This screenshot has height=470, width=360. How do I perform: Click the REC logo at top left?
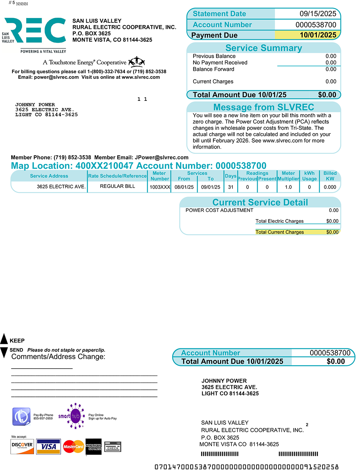(36, 31)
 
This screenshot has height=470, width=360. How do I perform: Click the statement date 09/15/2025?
(318, 14)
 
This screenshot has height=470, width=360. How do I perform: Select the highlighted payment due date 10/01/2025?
(318, 35)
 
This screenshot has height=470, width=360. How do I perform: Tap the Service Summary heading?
(264, 48)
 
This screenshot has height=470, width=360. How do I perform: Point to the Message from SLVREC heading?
(264, 107)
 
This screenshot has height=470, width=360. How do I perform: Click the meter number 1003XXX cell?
(160, 187)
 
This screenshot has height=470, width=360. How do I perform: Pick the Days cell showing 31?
(231, 187)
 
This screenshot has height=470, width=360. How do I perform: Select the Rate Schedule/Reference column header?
(117, 176)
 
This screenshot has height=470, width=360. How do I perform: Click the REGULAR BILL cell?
(117, 186)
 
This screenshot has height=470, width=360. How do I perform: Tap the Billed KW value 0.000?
(330, 187)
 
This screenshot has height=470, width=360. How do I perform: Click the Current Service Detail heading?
(260, 203)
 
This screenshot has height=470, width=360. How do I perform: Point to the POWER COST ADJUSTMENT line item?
(219, 210)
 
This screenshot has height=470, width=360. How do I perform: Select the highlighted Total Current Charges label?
(280, 232)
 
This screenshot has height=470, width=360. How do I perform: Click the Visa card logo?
(48, 446)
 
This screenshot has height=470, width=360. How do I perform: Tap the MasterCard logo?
(73, 446)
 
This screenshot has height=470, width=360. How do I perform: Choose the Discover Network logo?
(22, 446)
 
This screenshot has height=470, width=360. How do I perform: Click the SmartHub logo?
(71, 416)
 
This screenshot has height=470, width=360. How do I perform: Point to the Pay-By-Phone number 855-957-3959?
(43, 418)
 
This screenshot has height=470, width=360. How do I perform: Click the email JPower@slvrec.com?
(162, 158)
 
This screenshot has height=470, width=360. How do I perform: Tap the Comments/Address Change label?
(58, 357)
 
